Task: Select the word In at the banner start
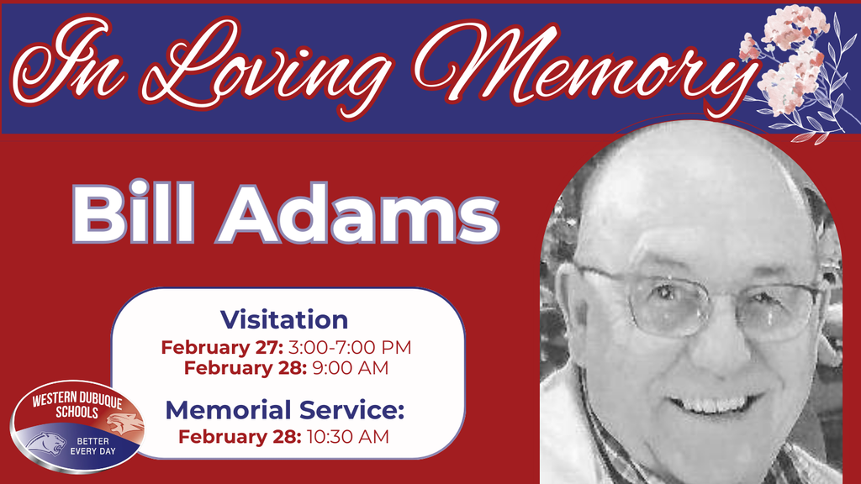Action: tap(80, 63)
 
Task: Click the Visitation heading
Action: tap(284, 319)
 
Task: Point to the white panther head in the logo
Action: tap(46, 442)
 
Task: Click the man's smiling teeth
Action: tap(715, 406)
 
